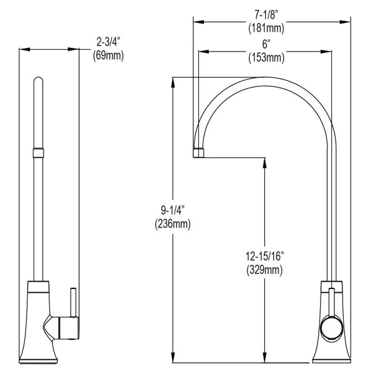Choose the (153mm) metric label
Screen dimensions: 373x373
tap(265, 58)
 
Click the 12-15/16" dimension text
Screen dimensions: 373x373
tap(265, 256)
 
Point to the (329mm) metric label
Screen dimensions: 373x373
tap(265, 269)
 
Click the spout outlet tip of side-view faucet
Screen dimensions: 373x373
tap(199, 154)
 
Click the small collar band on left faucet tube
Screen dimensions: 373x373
tap(39, 152)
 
